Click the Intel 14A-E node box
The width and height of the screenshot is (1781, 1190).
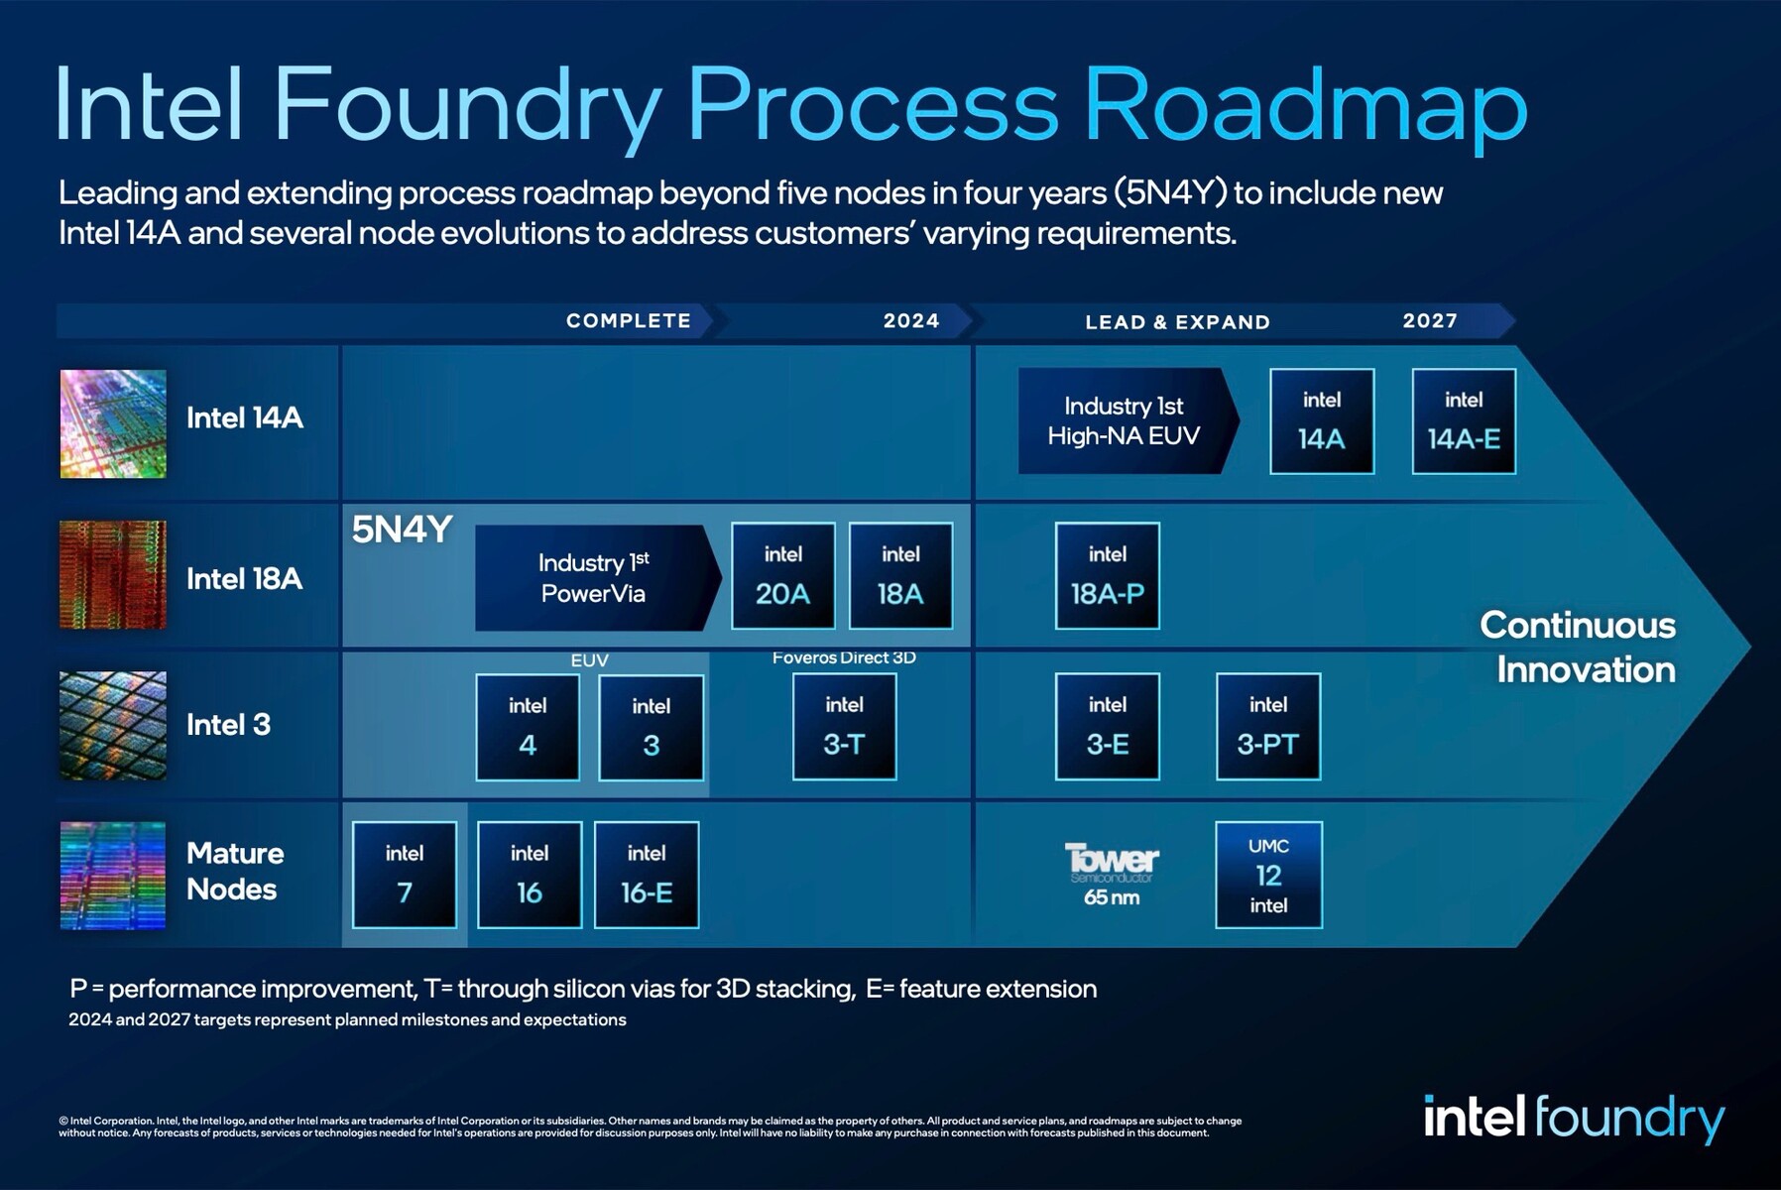pyautogui.click(x=1464, y=420)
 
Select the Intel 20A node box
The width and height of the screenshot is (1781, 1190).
pyautogui.click(x=782, y=575)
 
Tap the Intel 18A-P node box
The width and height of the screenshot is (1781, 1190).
pyautogui.click(x=1107, y=575)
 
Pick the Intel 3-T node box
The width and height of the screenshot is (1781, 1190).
pyautogui.click(x=844, y=726)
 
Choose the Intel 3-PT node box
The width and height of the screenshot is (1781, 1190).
pyautogui.click(x=1267, y=726)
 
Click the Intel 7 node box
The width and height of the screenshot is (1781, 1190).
pyautogui.click(x=405, y=875)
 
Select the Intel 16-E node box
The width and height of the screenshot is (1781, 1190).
pyautogui.click(x=647, y=875)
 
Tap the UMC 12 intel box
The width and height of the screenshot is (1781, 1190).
pyautogui.click(x=1268, y=875)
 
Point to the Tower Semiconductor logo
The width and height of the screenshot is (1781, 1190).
pyautogui.click(x=1111, y=863)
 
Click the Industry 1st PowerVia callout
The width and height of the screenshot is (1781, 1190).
pyautogui.click(x=593, y=577)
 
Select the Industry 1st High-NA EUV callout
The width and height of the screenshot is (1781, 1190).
pyautogui.click(x=1125, y=420)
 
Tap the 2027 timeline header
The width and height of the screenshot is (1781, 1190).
pyautogui.click(x=1430, y=320)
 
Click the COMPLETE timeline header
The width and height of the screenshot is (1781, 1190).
pyautogui.click(x=629, y=320)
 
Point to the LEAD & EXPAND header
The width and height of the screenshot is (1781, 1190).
pyautogui.click(x=1177, y=321)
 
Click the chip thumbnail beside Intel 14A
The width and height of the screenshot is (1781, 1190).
pyautogui.click(x=113, y=423)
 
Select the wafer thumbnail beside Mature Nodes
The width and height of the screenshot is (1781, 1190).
pyautogui.click(x=113, y=875)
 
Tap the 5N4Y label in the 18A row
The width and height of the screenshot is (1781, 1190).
pyautogui.click(x=402, y=530)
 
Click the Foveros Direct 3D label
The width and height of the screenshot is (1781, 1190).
pyautogui.click(x=844, y=657)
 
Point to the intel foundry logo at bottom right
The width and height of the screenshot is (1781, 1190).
pyautogui.click(x=1574, y=1119)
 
